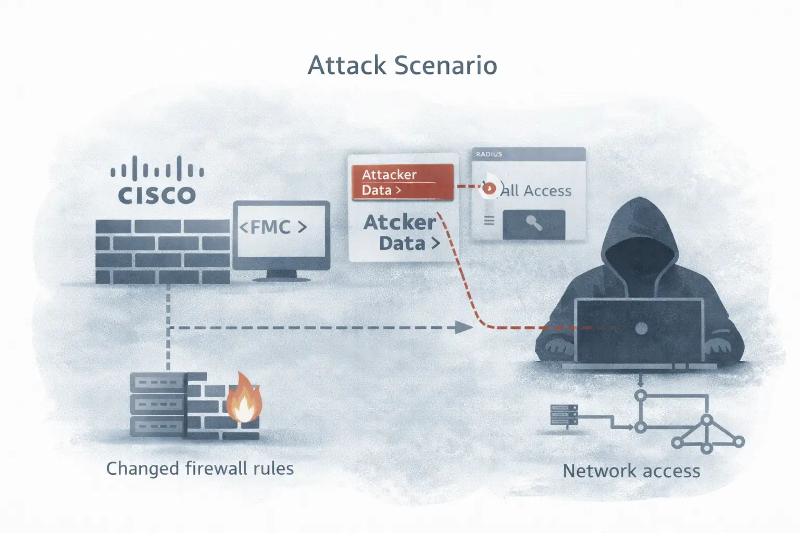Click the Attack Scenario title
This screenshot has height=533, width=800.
click(402, 66)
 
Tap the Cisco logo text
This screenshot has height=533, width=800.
click(157, 195)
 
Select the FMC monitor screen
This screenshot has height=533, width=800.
click(281, 229)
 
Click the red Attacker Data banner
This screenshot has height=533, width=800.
click(402, 182)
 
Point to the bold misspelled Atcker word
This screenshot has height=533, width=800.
click(399, 223)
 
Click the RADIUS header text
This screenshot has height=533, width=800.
click(489, 154)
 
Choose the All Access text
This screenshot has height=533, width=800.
click(536, 191)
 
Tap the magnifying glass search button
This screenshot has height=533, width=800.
click(533, 224)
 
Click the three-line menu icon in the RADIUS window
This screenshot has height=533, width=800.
click(489, 221)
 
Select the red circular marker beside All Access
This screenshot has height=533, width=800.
click(489, 188)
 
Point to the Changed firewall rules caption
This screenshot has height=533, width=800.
click(200, 468)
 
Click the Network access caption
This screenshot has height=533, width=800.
click(631, 471)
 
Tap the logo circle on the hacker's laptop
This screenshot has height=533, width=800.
click(642, 328)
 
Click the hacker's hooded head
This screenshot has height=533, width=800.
click(639, 239)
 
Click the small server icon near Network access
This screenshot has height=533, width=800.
click(564, 415)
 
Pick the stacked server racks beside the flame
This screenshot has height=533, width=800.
click(157, 404)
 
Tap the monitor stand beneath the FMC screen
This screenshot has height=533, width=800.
click(281, 275)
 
